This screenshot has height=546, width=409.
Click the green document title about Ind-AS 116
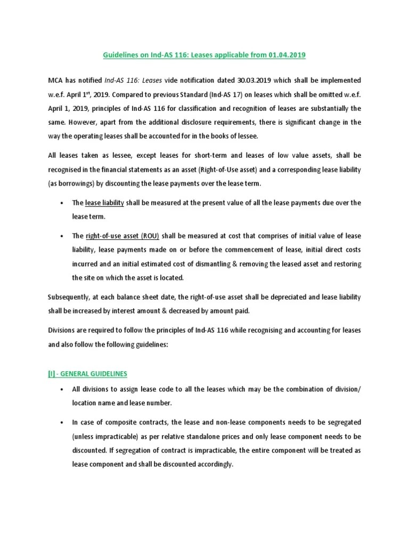tap(204, 55)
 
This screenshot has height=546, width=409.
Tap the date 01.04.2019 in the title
tap(288, 55)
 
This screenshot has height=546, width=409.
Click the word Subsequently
tap(69, 296)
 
